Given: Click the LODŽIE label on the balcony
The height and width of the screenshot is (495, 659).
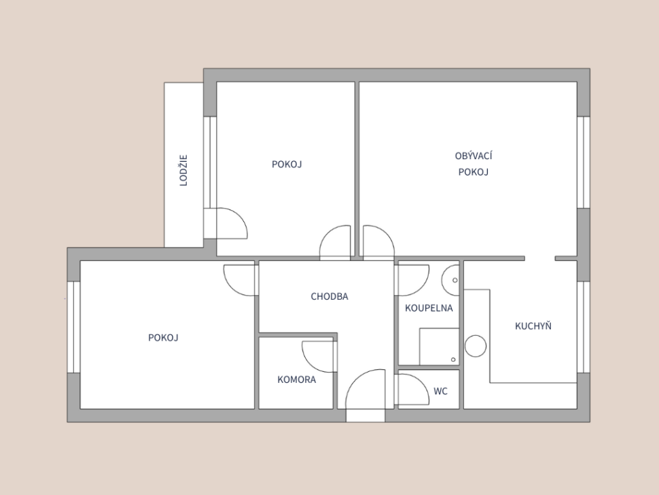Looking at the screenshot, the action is click(x=183, y=171).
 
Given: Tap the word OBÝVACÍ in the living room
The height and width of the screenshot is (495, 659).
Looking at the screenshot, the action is click(x=474, y=156).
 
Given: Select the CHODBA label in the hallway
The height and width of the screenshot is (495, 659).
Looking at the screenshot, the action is click(x=329, y=296).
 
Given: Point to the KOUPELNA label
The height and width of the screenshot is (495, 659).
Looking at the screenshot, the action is click(x=429, y=308).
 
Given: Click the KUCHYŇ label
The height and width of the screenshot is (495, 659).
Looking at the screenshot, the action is click(x=533, y=326).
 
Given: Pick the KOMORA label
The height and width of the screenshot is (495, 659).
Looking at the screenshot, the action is click(x=297, y=380).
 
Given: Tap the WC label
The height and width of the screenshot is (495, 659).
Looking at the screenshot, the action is click(x=440, y=392).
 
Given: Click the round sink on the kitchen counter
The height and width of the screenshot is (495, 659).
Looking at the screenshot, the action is click(x=476, y=346).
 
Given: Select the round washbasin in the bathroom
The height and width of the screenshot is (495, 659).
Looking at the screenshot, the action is click(x=450, y=279).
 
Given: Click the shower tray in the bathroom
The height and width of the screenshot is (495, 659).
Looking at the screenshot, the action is click(x=439, y=347).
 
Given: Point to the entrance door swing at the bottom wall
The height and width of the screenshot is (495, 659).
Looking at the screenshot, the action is click(x=366, y=389).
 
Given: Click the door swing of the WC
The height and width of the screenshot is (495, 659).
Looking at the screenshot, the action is click(x=412, y=390).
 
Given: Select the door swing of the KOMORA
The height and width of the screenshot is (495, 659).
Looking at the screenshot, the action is click(x=319, y=357).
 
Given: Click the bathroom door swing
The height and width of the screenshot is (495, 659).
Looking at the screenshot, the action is click(x=412, y=280).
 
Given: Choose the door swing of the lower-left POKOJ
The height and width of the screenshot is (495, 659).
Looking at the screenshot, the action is click(x=240, y=280).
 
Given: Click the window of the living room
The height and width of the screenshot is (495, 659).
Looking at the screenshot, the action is click(x=584, y=162).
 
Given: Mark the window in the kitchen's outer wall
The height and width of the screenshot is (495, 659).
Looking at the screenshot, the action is click(x=584, y=327).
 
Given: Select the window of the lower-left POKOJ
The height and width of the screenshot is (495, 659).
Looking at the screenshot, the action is click(x=73, y=327).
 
